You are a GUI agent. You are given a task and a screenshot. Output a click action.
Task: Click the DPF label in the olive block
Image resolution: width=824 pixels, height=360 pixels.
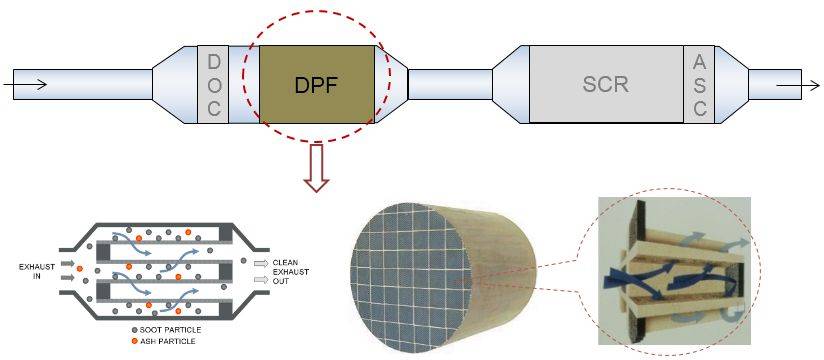(x=318, y=84)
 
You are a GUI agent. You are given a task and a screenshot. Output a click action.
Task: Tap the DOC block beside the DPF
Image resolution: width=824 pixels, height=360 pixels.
(x=213, y=83)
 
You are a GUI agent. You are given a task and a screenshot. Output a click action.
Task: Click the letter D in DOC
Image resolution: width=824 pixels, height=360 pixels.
(x=213, y=62)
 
